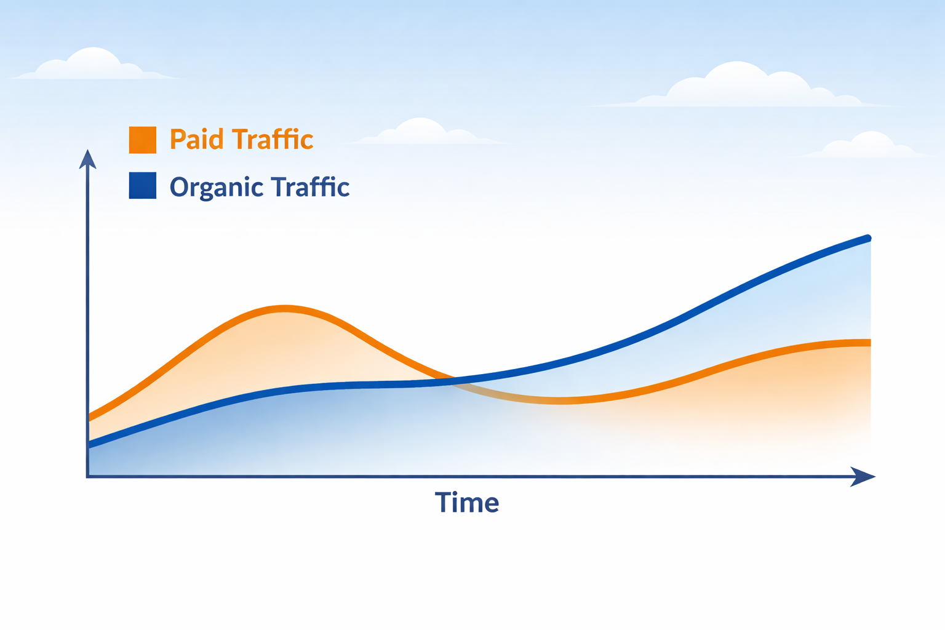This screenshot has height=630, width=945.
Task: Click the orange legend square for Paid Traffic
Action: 142,140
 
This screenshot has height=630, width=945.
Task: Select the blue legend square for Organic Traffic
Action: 142,185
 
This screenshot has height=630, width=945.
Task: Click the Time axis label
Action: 467,503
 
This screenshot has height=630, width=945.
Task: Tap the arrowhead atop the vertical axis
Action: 88,159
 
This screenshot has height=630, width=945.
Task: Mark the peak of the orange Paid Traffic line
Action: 285,308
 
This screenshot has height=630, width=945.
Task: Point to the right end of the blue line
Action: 867,238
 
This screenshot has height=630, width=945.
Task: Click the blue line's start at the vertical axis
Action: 90,445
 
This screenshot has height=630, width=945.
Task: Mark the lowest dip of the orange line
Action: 561,401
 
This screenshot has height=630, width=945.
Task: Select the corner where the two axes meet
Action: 88,476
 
